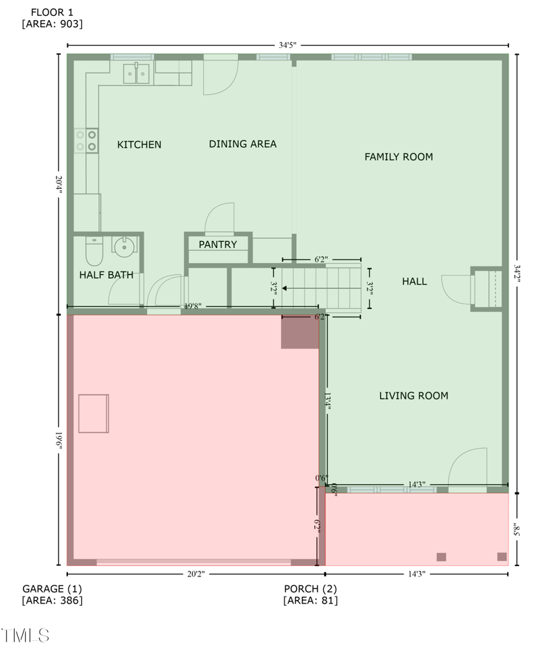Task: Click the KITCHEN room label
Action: point(139,144)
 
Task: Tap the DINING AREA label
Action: point(243,144)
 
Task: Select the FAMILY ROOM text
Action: point(398,157)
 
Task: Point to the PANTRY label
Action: point(218,244)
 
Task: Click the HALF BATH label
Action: point(106,275)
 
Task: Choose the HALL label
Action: point(414,281)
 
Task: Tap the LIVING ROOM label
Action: point(413,396)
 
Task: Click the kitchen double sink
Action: point(137,73)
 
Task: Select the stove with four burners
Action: point(87,140)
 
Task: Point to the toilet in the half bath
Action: point(94,250)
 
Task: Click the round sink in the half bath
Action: point(123,245)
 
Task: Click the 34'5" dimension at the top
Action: point(287,45)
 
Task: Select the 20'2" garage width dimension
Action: point(196,574)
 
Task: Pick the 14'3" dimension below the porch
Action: point(416,574)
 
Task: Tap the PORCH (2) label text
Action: point(311,588)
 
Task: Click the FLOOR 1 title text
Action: point(52,12)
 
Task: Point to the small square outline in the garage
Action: point(94,413)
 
